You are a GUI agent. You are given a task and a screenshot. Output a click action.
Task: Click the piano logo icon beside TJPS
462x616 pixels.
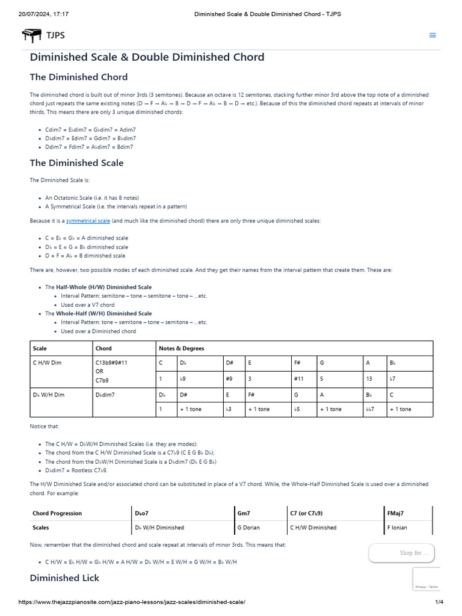32,35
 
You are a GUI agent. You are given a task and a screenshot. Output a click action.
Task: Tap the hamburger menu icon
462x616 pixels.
432,35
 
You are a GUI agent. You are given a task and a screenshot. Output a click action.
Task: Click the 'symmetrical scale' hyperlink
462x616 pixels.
88,221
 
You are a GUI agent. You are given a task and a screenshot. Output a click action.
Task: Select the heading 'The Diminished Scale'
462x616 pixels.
76,162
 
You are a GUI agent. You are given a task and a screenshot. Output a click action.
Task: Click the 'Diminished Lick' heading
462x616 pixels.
64,577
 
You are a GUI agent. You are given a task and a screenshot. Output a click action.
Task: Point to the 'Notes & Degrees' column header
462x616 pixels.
181,348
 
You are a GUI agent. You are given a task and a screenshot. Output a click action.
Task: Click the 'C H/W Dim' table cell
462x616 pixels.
47,363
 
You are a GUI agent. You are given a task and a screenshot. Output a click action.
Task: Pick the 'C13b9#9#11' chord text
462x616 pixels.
111,363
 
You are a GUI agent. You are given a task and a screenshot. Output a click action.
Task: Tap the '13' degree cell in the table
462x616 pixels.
369,379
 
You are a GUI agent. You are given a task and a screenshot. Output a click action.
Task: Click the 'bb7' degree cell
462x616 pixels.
369,409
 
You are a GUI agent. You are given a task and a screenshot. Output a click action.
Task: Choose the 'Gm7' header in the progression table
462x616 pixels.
244,513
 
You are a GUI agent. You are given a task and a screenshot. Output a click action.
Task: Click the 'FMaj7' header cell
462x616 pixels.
396,513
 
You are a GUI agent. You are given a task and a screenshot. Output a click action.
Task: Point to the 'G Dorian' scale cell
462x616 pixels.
248,528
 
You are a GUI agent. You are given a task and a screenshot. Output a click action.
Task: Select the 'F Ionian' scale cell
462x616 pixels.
397,528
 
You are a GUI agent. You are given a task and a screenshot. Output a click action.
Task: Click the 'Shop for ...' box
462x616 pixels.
401,553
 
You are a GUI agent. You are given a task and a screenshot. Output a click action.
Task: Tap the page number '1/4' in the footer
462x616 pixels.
439,602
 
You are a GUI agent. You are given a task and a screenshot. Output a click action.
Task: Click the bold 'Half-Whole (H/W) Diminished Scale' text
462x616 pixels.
103,287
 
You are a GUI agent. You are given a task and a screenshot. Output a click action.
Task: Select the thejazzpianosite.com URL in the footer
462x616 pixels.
132,602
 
